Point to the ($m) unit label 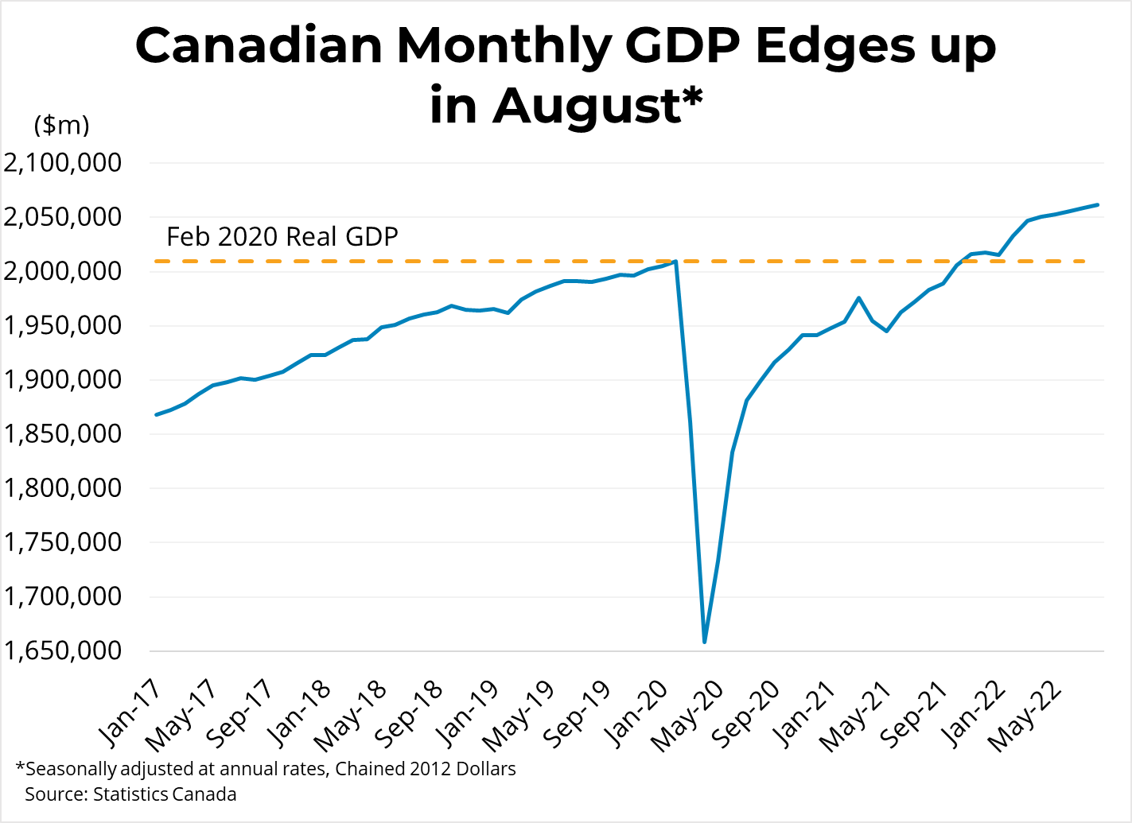click(x=61, y=125)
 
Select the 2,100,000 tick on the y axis click(x=63, y=163)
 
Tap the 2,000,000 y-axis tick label click(x=63, y=271)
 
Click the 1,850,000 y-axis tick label click(x=63, y=434)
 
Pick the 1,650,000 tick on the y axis click(x=63, y=650)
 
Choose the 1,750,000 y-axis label click(x=63, y=542)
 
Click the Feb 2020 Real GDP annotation click(x=282, y=237)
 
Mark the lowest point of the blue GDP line click(x=704, y=642)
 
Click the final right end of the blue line click(x=1098, y=204)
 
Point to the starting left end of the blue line click(x=157, y=414)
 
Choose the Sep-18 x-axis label click(x=410, y=715)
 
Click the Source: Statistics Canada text click(x=130, y=794)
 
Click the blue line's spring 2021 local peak click(x=858, y=298)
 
